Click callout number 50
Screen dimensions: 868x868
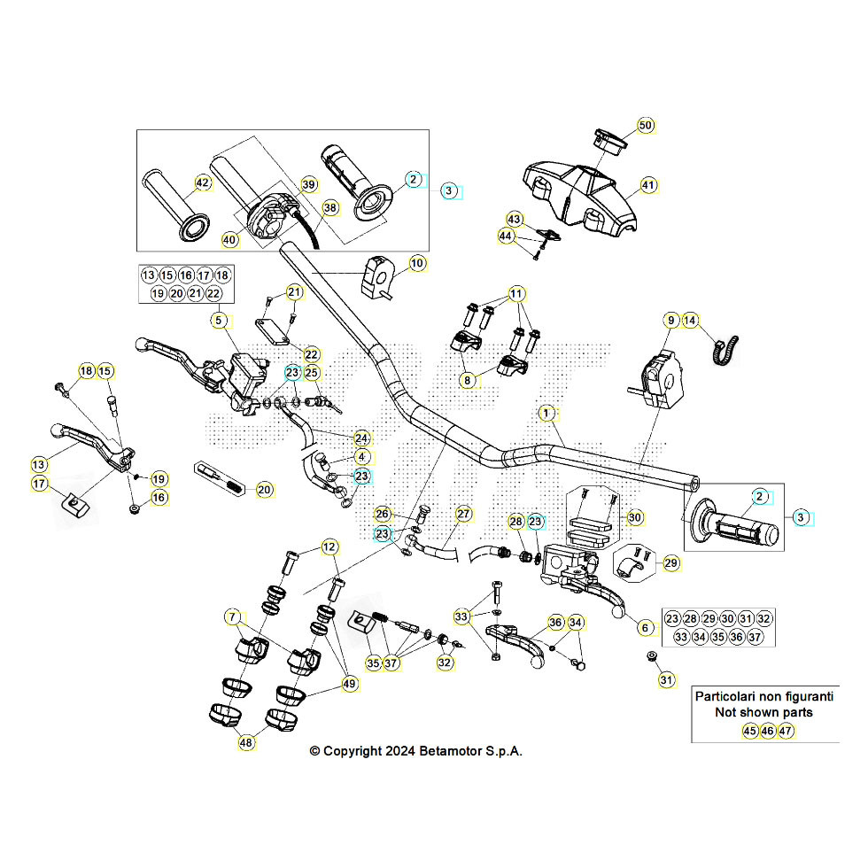pyautogui.click(x=646, y=126)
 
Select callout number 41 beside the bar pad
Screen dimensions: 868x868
pyautogui.click(x=649, y=186)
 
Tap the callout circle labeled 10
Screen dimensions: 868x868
pyautogui.click(x=417, y=263)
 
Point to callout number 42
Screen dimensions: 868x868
pyautogui.click(x=203, y=183)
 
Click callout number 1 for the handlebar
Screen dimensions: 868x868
pyautogui.click(x=547, y=413)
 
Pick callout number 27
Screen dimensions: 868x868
pyautogui.click(x=464, y=514)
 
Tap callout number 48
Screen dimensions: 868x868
pyautogui.click(x=246, y=743)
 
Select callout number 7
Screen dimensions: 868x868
pyautogui.click(x=232, y=616)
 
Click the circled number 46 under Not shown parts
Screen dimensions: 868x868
pyautogui.click(x=767, y=732)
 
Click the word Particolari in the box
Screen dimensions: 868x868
pyautogui.click(x=731, y=696)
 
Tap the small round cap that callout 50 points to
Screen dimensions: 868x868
pyautogui.click(x=608, y=138)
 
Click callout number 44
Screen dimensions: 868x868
pyautogui.click(x=506, y=236)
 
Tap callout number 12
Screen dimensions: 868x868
pyautogui.click(x=329, y=547)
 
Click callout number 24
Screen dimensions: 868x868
pyautogui.click(x=361, y=438)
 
